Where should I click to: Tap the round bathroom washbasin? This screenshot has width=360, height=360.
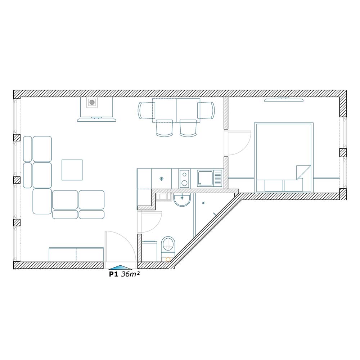(182, 200)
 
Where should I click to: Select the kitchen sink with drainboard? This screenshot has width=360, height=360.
(210, 178)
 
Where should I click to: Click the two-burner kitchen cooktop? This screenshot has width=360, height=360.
(184, 178)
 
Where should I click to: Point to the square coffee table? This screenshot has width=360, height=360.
(72, 170)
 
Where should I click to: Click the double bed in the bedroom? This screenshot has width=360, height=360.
(284, 158)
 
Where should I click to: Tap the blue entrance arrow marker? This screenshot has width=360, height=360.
(120, 267)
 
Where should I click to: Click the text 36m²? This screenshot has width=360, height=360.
(130, 274)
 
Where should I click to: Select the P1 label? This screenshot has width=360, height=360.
(113, 274)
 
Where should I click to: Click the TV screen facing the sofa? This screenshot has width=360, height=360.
(96, 120)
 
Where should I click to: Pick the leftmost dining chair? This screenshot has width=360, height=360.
(146, 111)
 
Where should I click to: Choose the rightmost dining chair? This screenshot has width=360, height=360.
(206, 111)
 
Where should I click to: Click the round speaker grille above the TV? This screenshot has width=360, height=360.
(92, 102)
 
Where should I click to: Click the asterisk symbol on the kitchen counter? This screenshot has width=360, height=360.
(162, 179)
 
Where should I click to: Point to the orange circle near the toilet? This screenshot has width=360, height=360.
(168, 260)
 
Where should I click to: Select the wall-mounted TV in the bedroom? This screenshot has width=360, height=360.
(284, 100)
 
